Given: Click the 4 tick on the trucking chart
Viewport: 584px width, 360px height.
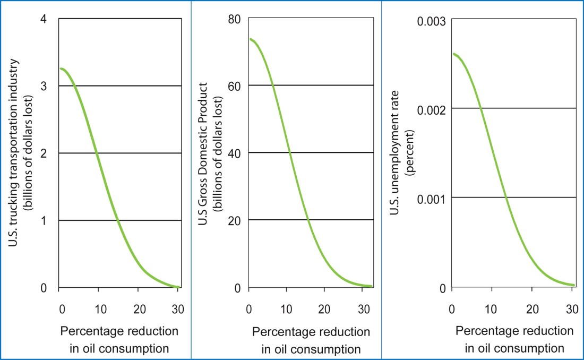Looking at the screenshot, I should click(45, 19).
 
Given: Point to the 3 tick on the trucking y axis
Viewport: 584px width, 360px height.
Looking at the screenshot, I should click(45, 85).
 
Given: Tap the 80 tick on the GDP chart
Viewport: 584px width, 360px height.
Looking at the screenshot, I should click(235, 19).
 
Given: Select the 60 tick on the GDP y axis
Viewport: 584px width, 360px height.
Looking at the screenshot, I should click(235, 85).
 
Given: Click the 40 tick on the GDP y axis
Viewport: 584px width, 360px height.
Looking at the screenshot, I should click(235, 152).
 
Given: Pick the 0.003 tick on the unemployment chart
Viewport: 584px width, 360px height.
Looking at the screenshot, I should click(432, 20).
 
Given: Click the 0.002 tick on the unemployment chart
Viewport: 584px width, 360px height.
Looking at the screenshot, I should click(432, 108).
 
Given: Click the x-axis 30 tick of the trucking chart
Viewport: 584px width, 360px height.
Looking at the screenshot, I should click(176, 308).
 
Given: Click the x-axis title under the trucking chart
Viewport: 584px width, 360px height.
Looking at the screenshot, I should click(119, 340).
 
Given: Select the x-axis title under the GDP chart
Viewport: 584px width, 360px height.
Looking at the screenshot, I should click(311, 340).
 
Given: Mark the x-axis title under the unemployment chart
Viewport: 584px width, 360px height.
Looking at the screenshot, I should click(514, 339).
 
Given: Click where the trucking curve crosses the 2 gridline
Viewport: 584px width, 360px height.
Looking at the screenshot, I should click(97, 153).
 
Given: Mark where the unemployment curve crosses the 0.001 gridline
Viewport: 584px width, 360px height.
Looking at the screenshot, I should click(506, 198).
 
